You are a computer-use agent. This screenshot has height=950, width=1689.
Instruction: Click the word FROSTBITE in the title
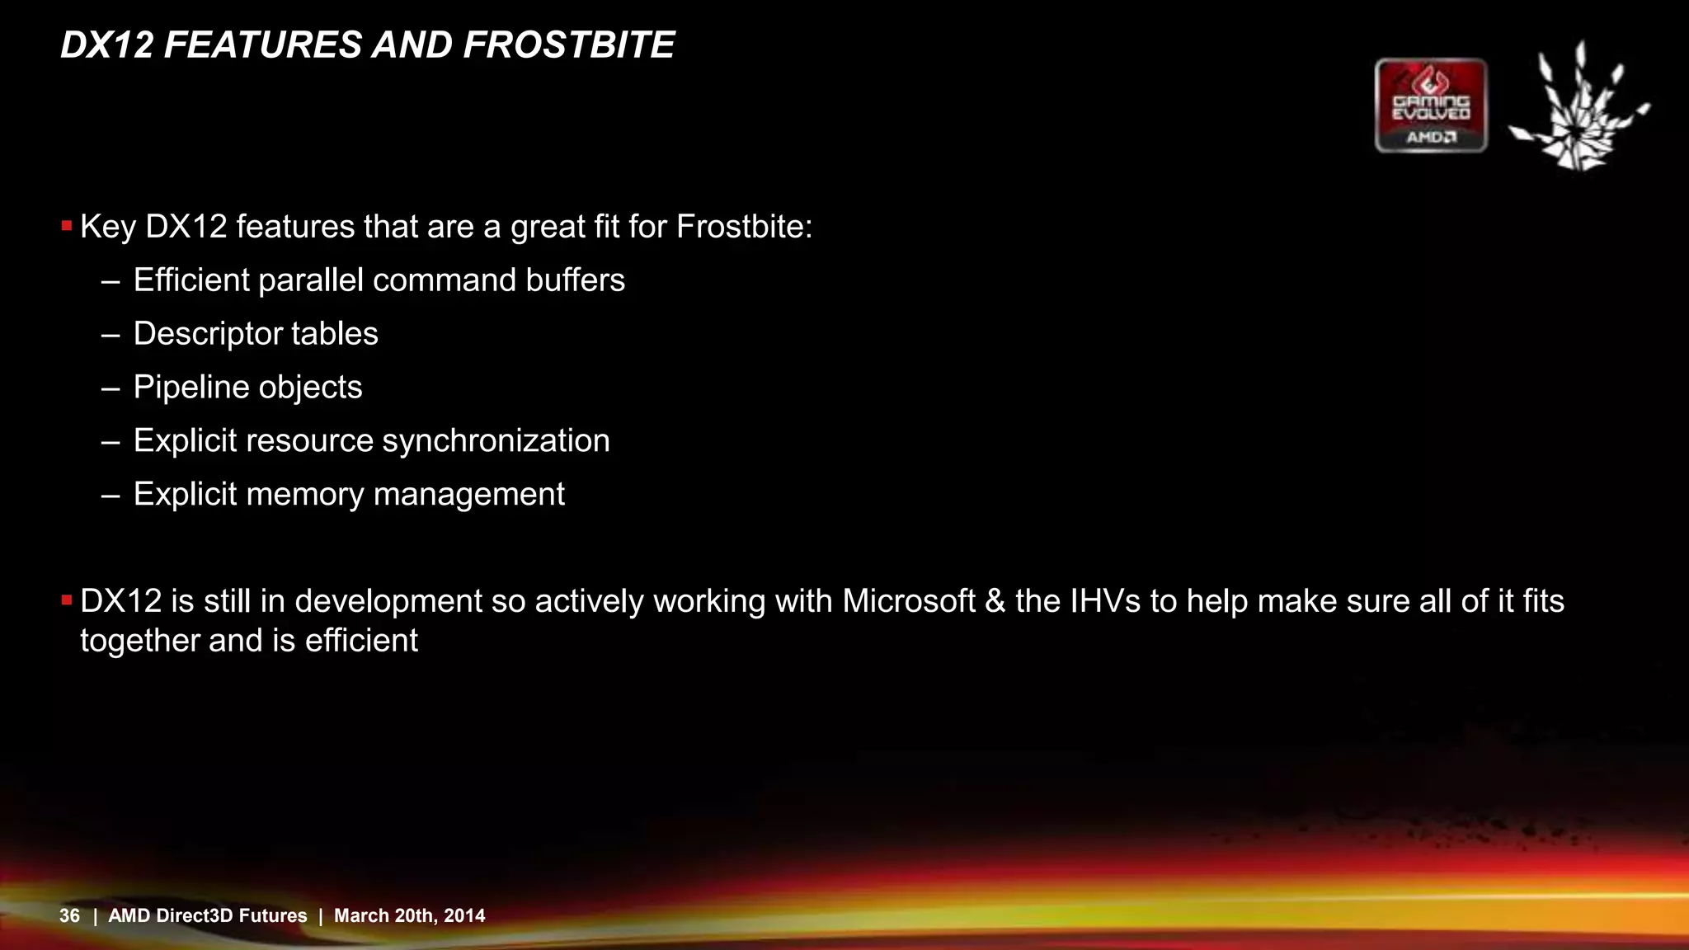(x=568, y=45)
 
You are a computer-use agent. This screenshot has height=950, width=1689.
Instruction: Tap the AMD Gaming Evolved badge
(x=1431, y=106)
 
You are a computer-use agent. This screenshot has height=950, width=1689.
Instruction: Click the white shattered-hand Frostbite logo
(x=1577, y=107)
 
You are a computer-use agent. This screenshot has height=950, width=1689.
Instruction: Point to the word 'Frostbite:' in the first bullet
(x=744, y=227)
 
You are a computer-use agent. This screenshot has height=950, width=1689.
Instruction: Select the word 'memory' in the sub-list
(x=304, y=495)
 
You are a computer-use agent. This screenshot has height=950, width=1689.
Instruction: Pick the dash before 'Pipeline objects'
(x=111, y=388)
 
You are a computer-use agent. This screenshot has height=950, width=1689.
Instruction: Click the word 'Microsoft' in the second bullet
(x=908, y=601)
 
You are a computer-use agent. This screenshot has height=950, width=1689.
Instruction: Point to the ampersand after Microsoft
(x=995, y=601)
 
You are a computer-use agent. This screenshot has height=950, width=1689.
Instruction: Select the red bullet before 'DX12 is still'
(x=67, y=600)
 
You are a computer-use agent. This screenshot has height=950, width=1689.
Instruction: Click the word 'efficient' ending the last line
(x=361, y=641)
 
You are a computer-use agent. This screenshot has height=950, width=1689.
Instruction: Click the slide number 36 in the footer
(x=69, y=915)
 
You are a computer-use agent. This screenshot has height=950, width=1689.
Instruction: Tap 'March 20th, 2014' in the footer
(x=409, y=915)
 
